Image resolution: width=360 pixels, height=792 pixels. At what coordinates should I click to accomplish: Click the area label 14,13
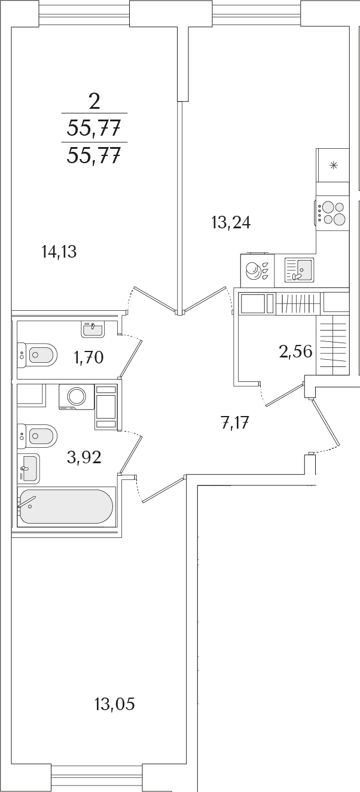point(59,252)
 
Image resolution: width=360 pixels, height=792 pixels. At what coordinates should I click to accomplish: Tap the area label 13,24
point(231,223)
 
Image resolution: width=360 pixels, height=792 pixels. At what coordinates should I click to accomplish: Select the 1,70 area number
point(89,357)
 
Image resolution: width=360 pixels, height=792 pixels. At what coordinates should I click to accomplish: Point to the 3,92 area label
point(84,457)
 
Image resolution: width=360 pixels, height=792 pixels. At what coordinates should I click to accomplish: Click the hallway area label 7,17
point(235,423)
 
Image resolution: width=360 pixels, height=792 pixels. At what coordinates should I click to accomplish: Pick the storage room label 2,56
point(296,351)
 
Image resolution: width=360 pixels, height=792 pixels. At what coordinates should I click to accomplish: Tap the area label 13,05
point(115,704)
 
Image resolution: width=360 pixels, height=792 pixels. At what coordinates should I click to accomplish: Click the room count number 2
point(94,102)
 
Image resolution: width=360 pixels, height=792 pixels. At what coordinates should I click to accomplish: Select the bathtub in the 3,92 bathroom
point(66,506)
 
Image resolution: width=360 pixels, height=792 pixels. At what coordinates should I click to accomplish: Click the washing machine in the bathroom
point(77,397)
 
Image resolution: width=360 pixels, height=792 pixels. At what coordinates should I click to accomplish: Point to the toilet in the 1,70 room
point(37,354)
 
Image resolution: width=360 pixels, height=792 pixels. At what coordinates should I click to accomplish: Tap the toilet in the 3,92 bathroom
point(37,436)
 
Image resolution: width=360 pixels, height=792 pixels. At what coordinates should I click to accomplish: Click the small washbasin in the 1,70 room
point(93,329)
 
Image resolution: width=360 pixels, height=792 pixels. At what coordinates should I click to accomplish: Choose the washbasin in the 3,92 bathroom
point(28,469)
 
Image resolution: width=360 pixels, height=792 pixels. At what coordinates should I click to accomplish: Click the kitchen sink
point(299,270)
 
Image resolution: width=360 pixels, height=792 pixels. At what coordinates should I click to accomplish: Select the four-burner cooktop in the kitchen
point(332,213)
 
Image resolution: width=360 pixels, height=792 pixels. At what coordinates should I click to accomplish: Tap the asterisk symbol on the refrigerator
point(333,165)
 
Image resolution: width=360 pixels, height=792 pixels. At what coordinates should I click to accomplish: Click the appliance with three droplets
point(257,270)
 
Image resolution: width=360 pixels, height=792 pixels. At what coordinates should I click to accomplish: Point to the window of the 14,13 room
point(84,16)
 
